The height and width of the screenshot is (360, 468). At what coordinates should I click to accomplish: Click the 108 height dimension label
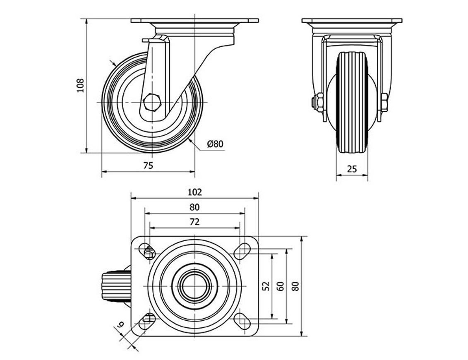81,86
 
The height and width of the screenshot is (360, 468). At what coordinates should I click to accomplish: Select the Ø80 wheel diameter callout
215,144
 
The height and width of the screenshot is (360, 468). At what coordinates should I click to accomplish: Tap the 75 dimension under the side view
148,165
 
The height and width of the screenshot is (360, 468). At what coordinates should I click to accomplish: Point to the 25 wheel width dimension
352,169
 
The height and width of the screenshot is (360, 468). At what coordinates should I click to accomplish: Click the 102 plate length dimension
194,192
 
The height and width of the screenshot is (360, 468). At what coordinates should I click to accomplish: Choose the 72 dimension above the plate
194,222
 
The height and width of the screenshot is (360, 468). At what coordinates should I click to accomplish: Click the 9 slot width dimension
120,325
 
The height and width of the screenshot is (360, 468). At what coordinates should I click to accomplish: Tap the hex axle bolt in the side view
152,102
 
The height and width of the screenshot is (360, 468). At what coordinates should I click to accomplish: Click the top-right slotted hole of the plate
242,251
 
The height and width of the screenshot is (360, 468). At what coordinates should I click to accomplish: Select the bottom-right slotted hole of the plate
242,321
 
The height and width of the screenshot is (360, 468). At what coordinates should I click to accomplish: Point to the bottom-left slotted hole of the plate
147,321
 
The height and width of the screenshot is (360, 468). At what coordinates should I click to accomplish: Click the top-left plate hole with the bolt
147,251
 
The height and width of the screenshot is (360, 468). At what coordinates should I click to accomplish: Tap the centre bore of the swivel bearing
194,286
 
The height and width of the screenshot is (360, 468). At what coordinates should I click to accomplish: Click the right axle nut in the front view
384,101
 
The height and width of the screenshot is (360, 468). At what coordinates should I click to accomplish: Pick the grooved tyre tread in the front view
352,102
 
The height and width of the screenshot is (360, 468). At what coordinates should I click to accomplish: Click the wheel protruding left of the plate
116,286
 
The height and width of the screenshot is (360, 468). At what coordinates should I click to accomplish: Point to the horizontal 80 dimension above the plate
194,207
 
